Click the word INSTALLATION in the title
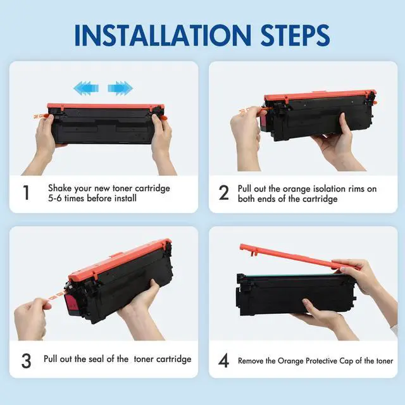pos(163,35)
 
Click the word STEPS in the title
pos(296,35)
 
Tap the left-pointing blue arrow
pos(86,88)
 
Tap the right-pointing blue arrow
pos(120,88)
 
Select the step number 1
pos(26,192)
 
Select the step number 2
pos(223,192)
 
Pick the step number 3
pos(26,361)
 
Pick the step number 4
pos(223,361)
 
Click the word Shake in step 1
pos(60,188)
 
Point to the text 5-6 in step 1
pos(55,198)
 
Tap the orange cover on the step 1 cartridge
pos(106,106)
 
